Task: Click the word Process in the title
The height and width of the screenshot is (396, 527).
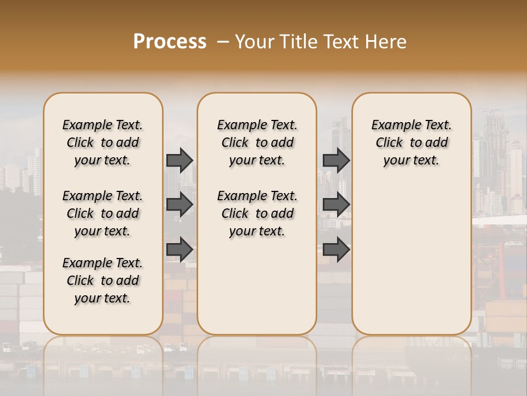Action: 170,42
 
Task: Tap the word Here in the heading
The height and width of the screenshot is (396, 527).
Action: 386,42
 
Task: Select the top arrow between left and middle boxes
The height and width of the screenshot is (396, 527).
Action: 180,160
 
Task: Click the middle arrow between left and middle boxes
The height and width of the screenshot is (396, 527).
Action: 180,205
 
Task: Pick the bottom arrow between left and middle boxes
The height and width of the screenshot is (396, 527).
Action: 180,250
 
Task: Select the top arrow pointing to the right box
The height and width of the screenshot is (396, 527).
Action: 336,160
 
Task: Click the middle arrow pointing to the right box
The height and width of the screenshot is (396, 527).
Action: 336,205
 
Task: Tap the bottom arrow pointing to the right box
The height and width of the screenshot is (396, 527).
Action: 336,250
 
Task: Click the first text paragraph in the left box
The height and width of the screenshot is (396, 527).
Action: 103,142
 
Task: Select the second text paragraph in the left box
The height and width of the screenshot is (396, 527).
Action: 103,213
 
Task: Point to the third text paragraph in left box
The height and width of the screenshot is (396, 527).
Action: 103,280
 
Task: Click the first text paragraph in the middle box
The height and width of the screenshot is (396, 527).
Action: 257,142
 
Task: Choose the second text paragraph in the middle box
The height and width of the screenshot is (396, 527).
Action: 257,213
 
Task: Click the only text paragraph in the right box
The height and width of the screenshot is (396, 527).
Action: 411,142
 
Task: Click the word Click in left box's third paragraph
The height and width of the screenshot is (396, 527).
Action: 80,280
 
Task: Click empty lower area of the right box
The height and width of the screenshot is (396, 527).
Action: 411,264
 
